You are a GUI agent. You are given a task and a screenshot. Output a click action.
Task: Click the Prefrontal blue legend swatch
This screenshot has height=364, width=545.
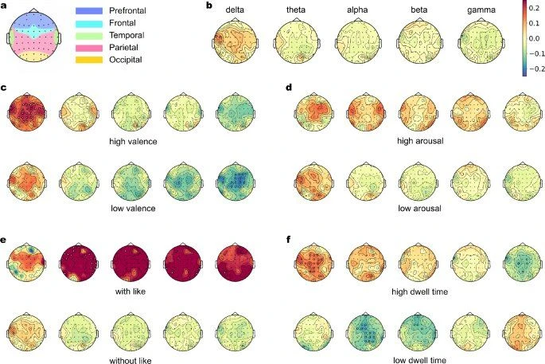[x=89, y=11]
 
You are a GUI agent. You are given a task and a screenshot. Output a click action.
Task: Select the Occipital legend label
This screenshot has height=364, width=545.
[x=126, y=60]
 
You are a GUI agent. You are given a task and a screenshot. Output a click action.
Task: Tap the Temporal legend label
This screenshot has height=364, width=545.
[x=127, y=35]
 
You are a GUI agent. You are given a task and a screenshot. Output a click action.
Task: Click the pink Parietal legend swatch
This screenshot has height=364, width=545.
[x=89, y=48]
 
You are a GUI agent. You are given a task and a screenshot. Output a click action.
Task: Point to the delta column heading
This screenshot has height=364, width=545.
[x=235, y=10]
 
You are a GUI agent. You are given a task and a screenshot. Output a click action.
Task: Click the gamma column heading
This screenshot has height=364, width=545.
[x=481, y=10]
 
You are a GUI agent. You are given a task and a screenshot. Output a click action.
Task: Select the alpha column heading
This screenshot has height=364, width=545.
[x=357, y=10]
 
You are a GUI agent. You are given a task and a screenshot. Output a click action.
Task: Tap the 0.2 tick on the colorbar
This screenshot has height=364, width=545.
[x=534, y=8]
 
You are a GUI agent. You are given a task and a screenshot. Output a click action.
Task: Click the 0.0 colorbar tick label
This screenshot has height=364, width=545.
[x=534, y=38]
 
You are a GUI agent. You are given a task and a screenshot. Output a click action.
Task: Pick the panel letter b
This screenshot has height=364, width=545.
[x=209, y=6]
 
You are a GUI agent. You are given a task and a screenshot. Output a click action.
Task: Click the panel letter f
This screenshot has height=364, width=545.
[x=288, y=240]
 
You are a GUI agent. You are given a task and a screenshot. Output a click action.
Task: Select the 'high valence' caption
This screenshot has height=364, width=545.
[x=133, y=142]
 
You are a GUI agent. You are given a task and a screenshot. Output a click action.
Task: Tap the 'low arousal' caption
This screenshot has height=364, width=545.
[x=419, y=209]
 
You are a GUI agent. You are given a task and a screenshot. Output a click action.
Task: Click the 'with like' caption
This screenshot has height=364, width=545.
[x=130, y=291]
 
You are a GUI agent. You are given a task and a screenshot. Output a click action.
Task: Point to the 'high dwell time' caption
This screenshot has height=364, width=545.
[x=419, y=292]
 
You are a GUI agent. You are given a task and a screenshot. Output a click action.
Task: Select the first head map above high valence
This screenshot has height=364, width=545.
[x=27, y=113]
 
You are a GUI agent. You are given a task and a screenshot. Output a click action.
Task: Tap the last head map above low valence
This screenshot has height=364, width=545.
[x=236, y=182]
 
